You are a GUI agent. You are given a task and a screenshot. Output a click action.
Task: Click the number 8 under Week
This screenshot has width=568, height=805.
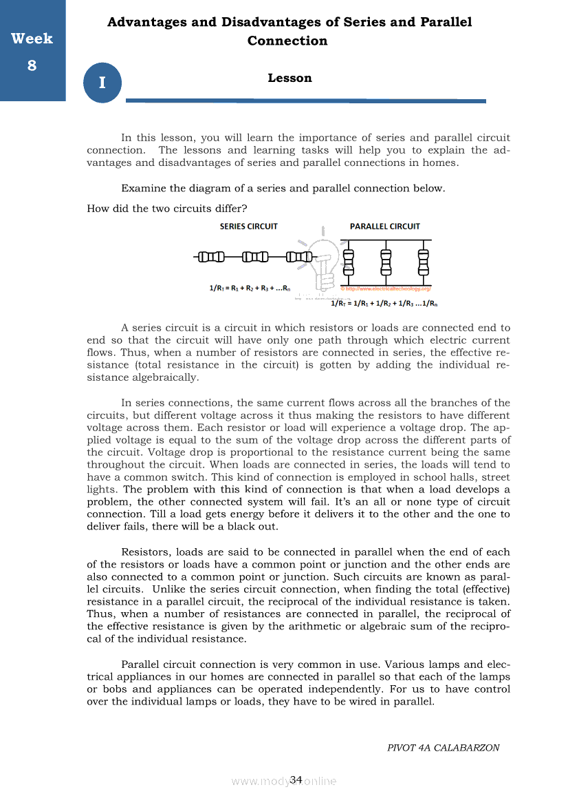click(32, 65)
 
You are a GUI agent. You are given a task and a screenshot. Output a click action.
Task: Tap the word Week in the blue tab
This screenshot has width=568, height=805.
click(32, 39)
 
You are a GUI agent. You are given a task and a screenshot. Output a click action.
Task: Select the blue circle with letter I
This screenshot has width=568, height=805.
click(102, 83)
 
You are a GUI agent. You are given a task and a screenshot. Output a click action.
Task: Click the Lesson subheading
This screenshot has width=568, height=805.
click(290, 78)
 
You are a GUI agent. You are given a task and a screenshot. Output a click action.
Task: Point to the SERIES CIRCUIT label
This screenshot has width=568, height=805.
click(248, 227)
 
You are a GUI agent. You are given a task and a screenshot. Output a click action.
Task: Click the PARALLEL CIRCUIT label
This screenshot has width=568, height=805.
click(384, 227)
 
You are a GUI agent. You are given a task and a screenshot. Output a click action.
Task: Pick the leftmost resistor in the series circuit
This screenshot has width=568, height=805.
click(210, 258)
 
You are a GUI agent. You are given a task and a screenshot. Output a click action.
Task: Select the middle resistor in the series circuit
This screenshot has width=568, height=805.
click(255, 258)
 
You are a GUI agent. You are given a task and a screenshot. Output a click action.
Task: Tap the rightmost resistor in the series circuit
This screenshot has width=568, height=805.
click(299, 258)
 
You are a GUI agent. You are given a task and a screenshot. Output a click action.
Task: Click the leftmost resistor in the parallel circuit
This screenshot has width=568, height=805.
click(348, 262)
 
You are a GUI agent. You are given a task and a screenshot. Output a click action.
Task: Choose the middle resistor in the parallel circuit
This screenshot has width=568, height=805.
click(386, 262)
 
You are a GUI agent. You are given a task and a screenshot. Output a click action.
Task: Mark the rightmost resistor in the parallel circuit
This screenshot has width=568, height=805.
click(423, 262)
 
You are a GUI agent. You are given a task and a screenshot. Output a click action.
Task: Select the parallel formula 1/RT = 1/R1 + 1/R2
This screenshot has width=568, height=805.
click(385, 302)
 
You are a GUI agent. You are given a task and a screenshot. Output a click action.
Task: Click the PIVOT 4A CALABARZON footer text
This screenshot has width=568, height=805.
click(443, 748)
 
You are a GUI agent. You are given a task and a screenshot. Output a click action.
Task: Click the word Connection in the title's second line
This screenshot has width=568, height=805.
click(287, 41)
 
